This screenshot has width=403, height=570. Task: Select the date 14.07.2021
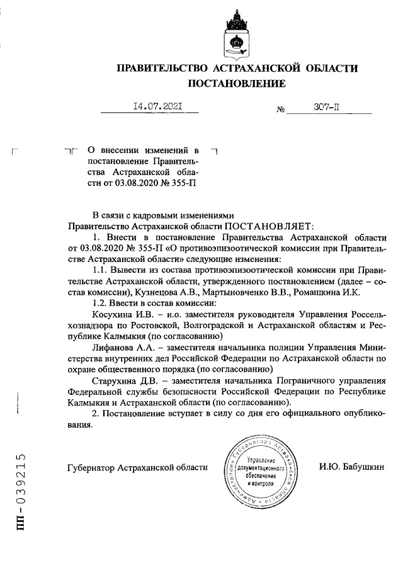coord(150,107)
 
